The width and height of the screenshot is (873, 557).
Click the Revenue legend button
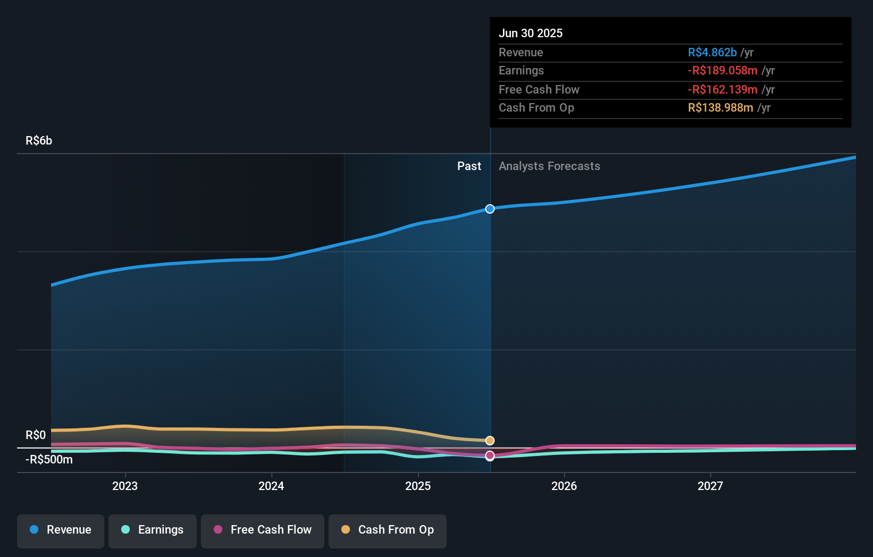(61, 530)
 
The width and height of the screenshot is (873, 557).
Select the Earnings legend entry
(153, 530)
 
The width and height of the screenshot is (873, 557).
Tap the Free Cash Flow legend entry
(263, 530)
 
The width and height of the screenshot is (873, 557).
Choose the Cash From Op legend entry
(388, 530)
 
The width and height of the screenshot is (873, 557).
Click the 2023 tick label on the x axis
(125, 486)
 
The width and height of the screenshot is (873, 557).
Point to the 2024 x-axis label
(271, 486)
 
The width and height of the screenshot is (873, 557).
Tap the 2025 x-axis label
(418, 486)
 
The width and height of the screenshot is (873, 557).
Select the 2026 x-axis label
(564, 486)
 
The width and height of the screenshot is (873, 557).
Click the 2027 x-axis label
(710, 486)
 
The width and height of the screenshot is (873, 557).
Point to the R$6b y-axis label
(39, 141)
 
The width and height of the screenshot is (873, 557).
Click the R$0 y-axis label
(36, 435)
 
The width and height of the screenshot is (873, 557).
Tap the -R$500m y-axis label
(49, 460)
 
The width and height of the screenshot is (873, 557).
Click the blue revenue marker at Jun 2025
(490, 209)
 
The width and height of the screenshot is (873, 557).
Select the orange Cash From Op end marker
(490, 441)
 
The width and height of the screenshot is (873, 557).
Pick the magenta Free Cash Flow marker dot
(490, 455)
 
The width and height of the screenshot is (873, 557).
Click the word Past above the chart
(469, 166)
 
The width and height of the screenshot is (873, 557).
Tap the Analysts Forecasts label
(549, 166)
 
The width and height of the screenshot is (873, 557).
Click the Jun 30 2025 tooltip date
(531, 33)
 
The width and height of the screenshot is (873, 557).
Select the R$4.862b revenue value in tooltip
(712, 52)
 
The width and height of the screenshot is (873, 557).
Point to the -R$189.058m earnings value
(722, 71)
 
